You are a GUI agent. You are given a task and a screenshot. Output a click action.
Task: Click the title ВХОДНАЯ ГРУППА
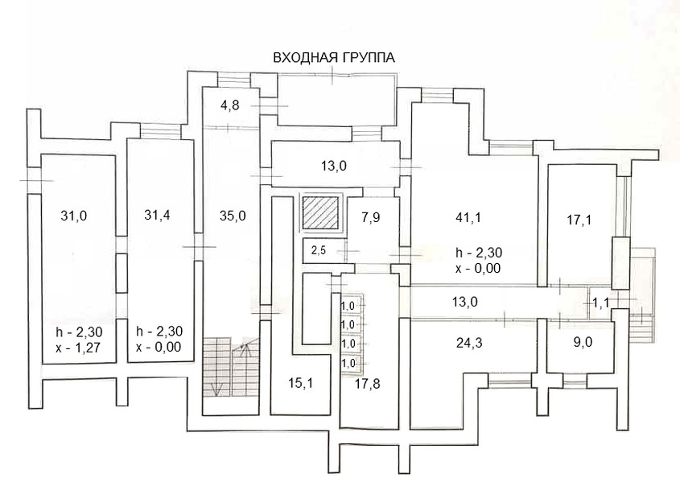click(x=334, y=57)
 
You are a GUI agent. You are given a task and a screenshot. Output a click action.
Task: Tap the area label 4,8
click(x=230, y=105)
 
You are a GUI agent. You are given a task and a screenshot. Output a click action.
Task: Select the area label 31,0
click(x=73, y=215)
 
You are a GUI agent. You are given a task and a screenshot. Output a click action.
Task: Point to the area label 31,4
click(x=158, y=215)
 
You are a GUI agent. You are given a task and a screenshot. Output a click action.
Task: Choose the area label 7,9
click(x=371, y=218)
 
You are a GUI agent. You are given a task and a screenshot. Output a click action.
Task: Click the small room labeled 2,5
click(x=319, y=249)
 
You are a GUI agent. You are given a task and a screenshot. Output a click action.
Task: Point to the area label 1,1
click(x=601, y=303)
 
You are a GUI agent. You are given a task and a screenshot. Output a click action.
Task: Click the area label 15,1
click(x=302, y=383)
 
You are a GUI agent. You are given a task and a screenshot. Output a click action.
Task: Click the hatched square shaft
click(x=319, y=214)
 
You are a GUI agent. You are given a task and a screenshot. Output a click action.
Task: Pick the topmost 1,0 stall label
click(x=348, y=306)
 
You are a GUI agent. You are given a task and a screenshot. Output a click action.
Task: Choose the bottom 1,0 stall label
click(x=348, y=363)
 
